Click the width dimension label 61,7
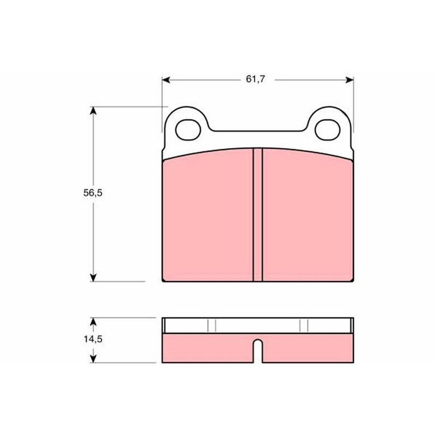pos(255,79)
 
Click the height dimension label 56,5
pos(93,193)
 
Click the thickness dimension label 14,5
pos(93,339)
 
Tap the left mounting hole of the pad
pos(188,130)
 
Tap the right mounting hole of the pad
pos(327,130)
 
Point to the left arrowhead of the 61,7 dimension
pos(166,80)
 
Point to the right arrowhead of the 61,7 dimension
pos(350,80)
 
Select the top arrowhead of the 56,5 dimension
pos(93,111)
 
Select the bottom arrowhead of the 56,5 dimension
pos(93,277)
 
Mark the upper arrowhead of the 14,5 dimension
pos(93,322)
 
